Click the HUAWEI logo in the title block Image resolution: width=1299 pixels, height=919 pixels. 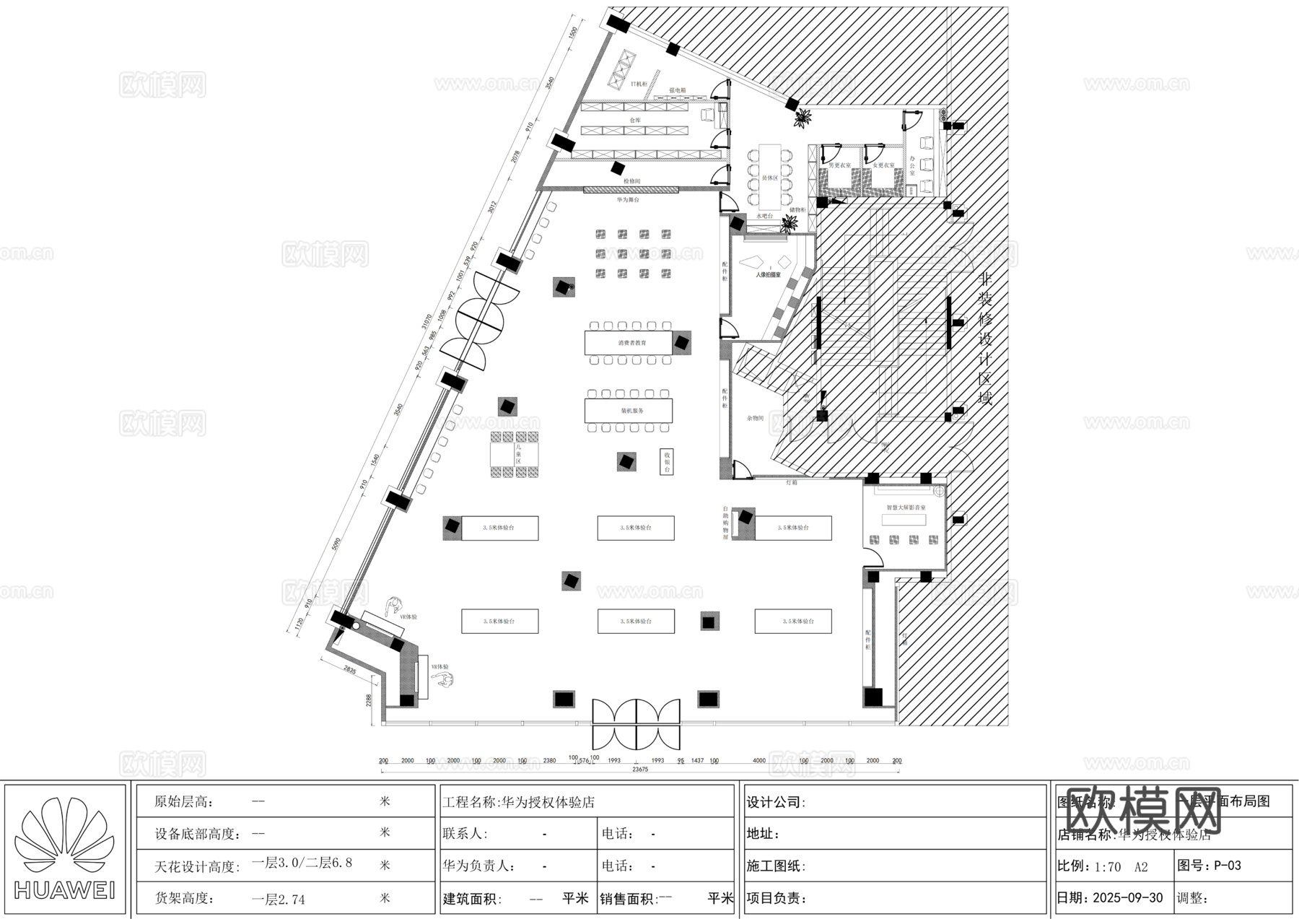66,848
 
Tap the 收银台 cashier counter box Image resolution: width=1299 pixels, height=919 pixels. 667,461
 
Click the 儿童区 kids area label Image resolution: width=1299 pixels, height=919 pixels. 517,454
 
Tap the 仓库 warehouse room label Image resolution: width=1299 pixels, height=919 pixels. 634,120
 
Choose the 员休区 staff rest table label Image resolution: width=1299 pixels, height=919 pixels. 770,178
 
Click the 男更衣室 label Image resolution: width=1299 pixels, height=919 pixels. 839,165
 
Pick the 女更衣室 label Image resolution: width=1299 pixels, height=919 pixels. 883,165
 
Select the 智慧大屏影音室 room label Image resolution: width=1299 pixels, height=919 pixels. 906,508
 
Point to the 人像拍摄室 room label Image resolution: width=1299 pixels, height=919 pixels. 768,275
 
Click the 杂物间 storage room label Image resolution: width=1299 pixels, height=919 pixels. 755,418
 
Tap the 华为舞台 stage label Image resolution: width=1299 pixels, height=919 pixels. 627,199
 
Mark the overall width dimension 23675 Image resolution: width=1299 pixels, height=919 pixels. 639,770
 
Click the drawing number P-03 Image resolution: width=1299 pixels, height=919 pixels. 1227,866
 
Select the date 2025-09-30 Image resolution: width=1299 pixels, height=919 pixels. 1128,898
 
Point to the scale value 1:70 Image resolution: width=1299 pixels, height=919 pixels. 1107,866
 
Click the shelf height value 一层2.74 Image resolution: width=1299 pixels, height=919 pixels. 278,900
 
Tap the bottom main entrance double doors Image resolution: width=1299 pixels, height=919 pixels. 636,724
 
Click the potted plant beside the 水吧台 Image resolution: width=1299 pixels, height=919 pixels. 789,225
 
